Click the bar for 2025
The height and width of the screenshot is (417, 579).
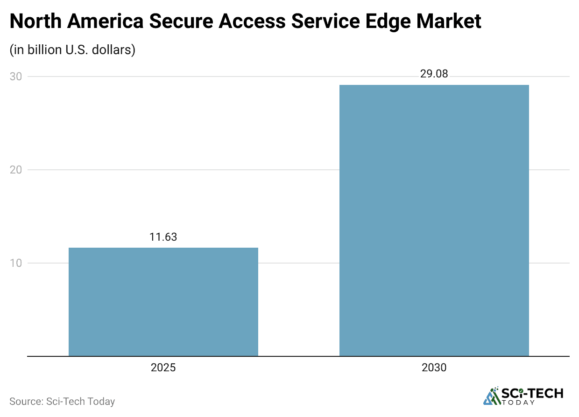point(163,302)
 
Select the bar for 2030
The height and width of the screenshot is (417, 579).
point(434,220)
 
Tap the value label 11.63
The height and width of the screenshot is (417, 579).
point(163,237)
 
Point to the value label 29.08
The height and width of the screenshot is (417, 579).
point(434,74)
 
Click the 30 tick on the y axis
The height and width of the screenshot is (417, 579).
point(15,76)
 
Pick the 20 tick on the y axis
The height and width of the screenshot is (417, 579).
point(15,170)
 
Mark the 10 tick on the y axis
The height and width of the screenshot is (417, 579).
point(15,263)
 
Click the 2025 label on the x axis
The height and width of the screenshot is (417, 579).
point(163,368)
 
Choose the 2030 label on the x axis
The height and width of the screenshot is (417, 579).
point(434,368)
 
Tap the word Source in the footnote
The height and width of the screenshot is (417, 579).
point(25,401)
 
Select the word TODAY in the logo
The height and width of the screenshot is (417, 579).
point(532,403)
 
